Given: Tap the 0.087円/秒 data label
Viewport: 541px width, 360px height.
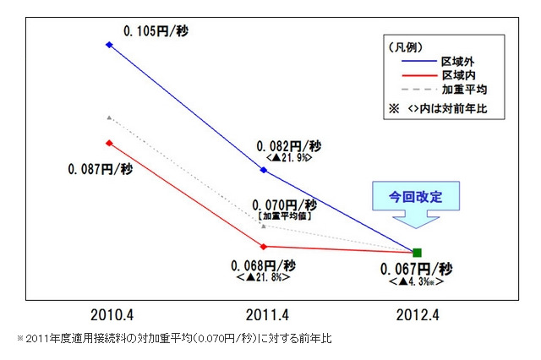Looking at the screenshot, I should (x=100, y=169).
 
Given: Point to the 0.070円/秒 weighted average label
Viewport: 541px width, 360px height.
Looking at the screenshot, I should (x=284, y=205).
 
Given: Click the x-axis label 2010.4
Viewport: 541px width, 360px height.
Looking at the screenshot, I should (x=112, y=314).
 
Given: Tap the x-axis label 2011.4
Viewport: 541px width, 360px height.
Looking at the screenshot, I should (x=265, y=314).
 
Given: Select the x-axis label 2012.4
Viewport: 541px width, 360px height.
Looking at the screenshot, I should (x=418, y=314).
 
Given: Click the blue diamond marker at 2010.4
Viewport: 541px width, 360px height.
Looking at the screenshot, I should (x=109, y=44).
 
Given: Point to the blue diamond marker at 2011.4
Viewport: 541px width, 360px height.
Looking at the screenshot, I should (x=264, y=170).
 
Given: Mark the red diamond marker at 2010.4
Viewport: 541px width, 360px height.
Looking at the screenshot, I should (x=109, y=142).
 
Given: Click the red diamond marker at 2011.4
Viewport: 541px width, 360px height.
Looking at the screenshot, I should (x=264, y=247).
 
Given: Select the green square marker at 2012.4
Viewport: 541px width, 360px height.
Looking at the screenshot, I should (x=417, y=252).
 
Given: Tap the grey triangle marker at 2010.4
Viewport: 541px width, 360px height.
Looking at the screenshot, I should (x=109, y=117).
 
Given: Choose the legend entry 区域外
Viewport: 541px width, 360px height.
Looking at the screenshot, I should (x=461, y=63).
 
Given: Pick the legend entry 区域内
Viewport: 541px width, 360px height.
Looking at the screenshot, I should (x=461, y=76).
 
